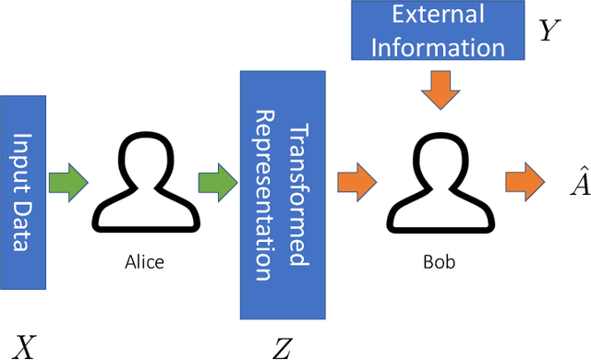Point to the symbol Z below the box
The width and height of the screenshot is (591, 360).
coord(282,347)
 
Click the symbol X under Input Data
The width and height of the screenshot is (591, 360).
coord(24,347)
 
